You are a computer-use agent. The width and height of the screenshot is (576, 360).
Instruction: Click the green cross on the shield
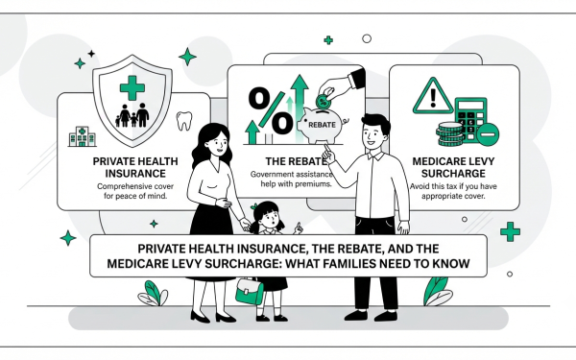pos(132,87)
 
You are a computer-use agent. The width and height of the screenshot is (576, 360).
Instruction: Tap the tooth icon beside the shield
pos(184,121)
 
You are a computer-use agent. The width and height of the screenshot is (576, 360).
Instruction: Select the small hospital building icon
pos(83,136)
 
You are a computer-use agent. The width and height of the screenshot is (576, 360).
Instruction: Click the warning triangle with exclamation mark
pos(433,96)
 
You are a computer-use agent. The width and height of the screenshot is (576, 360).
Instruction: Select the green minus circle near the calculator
pos(488,134)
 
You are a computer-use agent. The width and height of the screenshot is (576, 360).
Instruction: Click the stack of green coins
pos(449,133)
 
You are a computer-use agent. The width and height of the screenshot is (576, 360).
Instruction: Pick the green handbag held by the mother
pos(249,291)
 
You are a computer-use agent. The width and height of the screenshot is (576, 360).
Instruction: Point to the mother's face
pos(217,142)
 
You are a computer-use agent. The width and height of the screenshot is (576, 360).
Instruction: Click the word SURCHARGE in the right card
pos(453,174)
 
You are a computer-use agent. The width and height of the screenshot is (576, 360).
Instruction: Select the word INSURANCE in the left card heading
pos(135,174)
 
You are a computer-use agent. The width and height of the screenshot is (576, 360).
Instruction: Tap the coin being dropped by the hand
pos(323,101)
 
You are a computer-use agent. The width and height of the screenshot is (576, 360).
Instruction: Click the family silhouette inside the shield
pos(132,115)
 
